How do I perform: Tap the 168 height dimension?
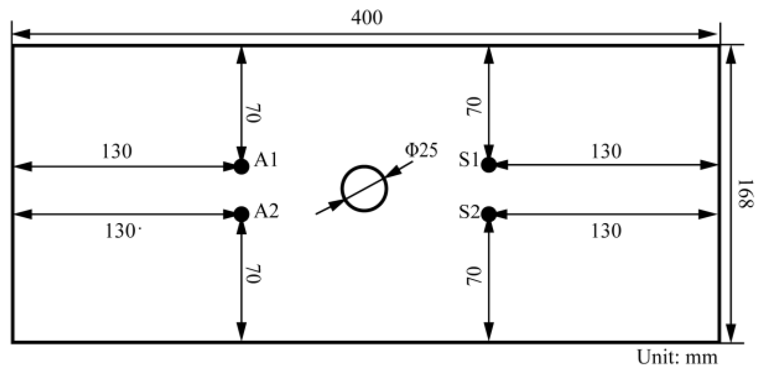coord(745,194)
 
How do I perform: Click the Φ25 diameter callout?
coord(421,151)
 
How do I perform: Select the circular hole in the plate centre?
coord(364,189)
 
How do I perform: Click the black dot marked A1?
coord(242,166)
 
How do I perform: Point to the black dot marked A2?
coord(242,214)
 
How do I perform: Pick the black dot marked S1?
coord(489,165)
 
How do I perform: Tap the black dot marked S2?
coord(489,214)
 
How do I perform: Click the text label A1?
coord(266,160)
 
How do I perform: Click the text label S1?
coord(469,160)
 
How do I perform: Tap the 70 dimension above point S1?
coord(474,106)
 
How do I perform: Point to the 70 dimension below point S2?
coord(474,276)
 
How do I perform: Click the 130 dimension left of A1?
coord(117,152)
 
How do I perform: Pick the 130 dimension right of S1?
coord(606,152)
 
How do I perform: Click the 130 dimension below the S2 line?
coord(606,231)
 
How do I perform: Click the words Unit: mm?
coord(677,357)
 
